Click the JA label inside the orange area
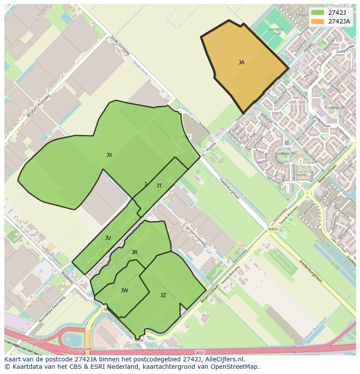click(241, 63)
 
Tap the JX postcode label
click(109, 155)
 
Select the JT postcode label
click(159, 186)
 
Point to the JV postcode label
click(108, 238)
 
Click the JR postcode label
click(134, 252)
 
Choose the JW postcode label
click(124, 291)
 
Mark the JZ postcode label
click(163, 295)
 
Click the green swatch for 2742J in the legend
click(318, 13)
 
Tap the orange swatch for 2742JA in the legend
click(318, 21)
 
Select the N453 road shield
click(273, 229)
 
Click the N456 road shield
click(139, 341)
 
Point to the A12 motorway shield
click(200, 352)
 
